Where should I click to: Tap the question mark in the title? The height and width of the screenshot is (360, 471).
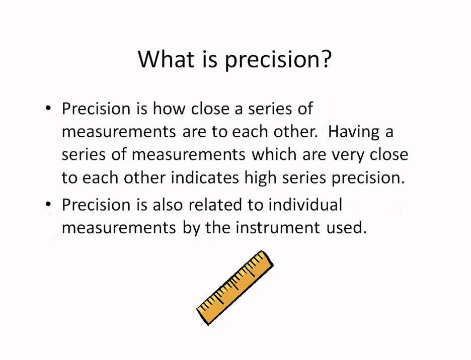pos(326,60)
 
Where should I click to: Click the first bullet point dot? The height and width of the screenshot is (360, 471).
pos(48,109)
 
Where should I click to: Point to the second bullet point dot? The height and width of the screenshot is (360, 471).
pos(48,205)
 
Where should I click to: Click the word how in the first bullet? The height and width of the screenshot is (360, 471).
pos(169,109)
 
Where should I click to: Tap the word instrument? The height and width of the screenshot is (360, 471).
pos(277,228)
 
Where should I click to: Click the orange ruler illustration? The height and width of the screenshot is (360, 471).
pos(234,287)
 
